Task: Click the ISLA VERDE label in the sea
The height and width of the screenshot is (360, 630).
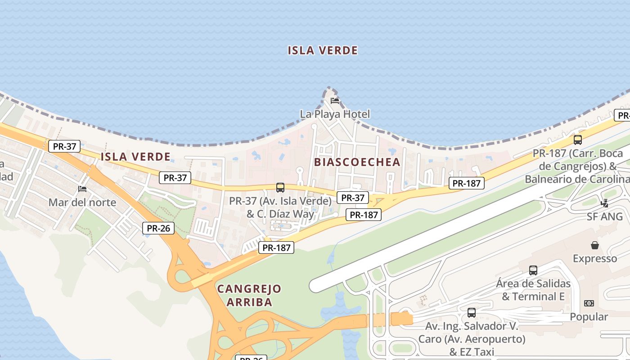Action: (x=323, y=50)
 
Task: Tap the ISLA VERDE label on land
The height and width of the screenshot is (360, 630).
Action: (x=135, y=157)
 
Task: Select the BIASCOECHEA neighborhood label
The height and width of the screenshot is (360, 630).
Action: (x=357, y=162)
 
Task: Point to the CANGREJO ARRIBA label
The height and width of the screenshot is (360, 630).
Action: (x=249, y=295)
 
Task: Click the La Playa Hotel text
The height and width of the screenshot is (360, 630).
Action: (x=335, y=114)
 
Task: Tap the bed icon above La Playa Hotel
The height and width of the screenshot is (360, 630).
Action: (x=335, y=100)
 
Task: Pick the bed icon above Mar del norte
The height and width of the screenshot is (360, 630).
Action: (x=82, y=189)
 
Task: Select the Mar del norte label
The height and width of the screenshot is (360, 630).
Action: (x=82, y=202)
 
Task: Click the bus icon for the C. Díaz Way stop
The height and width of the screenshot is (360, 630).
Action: (x=280, y=187)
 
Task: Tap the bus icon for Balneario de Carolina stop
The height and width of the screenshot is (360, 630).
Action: (x=578, y=139)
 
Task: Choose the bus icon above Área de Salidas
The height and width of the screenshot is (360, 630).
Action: (x=533, y=270)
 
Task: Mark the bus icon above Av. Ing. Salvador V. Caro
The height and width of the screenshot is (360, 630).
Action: (x=472, y=312)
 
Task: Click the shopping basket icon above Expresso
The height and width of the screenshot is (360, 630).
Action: (x=595, y=245)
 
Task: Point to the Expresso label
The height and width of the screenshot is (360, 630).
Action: (x=595, y=259)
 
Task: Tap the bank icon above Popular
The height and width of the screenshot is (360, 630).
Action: (x=589, y=303)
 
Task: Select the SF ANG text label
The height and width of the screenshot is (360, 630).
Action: (x=605, y=216)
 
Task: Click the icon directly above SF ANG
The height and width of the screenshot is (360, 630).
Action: (x=605, y=203)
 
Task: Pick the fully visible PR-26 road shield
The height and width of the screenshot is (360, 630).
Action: (x=158, y=228)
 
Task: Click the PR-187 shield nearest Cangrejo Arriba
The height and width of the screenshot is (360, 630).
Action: (x=276, y=247)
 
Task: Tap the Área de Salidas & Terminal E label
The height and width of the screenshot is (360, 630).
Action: (x=533, y=290)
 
